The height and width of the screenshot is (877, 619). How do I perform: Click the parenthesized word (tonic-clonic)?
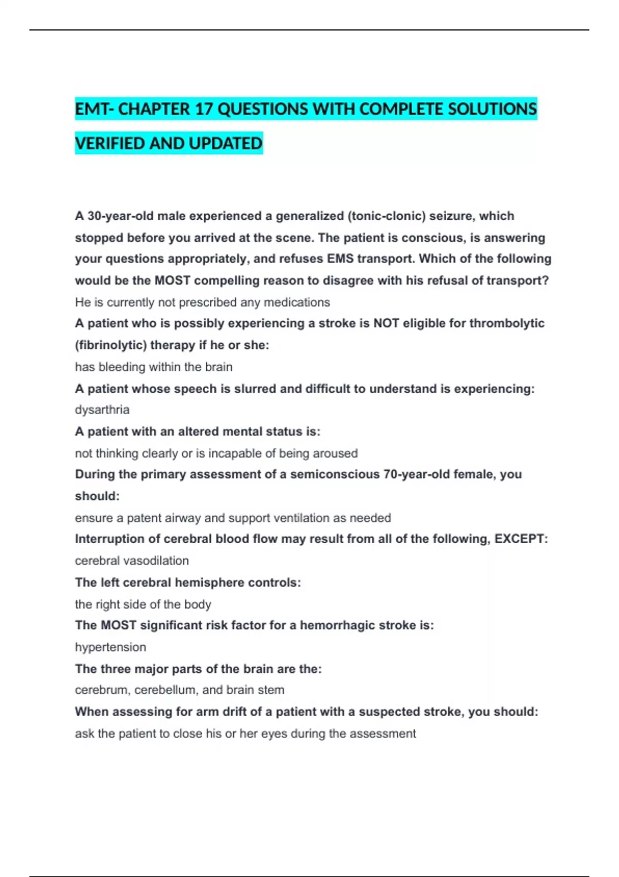[387, 216]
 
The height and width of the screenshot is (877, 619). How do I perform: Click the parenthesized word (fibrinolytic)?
[111, 345]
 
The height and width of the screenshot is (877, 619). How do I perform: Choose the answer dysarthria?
[102, 410]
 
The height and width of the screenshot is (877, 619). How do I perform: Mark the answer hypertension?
[110, 647]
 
